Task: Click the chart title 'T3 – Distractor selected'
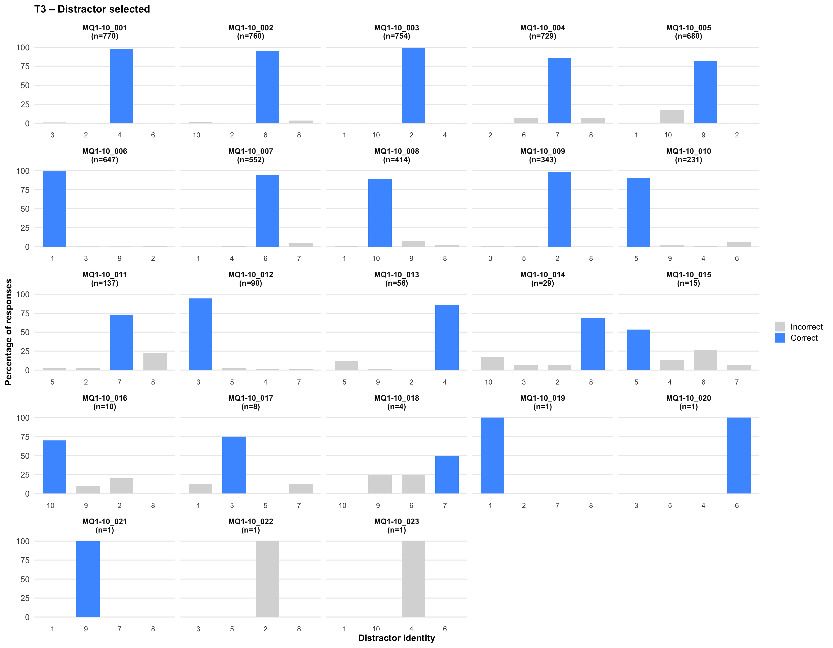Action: [x=92, y=9]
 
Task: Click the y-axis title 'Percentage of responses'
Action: [x=8, y=332]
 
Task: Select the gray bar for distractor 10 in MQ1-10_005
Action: [x=672, y=116]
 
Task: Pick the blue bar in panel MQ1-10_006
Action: [x=54, y=209]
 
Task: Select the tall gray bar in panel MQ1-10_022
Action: [x=267, y=579]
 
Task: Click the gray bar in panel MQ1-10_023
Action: [x=413, y=579]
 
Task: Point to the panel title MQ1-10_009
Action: [x=542, y=151]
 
